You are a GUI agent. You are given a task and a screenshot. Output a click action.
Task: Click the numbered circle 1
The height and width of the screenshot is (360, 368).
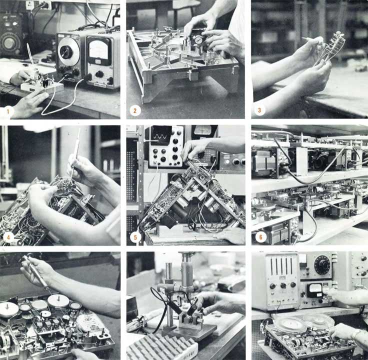(7, 111)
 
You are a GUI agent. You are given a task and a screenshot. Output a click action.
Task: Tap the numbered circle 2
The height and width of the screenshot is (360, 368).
(134, 110)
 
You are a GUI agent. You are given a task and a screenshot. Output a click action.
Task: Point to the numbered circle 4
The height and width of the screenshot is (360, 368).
(8, 237)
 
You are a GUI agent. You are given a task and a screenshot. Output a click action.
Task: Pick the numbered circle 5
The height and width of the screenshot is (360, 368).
(134, 237)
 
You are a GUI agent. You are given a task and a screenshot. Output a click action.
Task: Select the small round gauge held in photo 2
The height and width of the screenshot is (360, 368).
(198, 39)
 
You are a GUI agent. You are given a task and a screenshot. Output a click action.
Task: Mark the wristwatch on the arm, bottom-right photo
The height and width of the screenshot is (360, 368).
(356, 334)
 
